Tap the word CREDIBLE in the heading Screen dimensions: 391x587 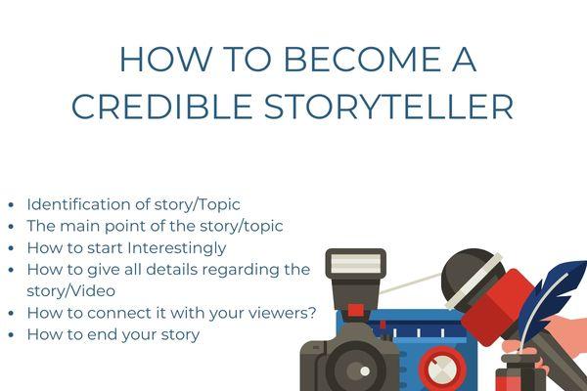click(156, 107)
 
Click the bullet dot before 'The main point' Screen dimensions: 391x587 click(11, 226)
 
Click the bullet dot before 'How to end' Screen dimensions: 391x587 click(11, 334)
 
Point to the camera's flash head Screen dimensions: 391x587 click(355, 266)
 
